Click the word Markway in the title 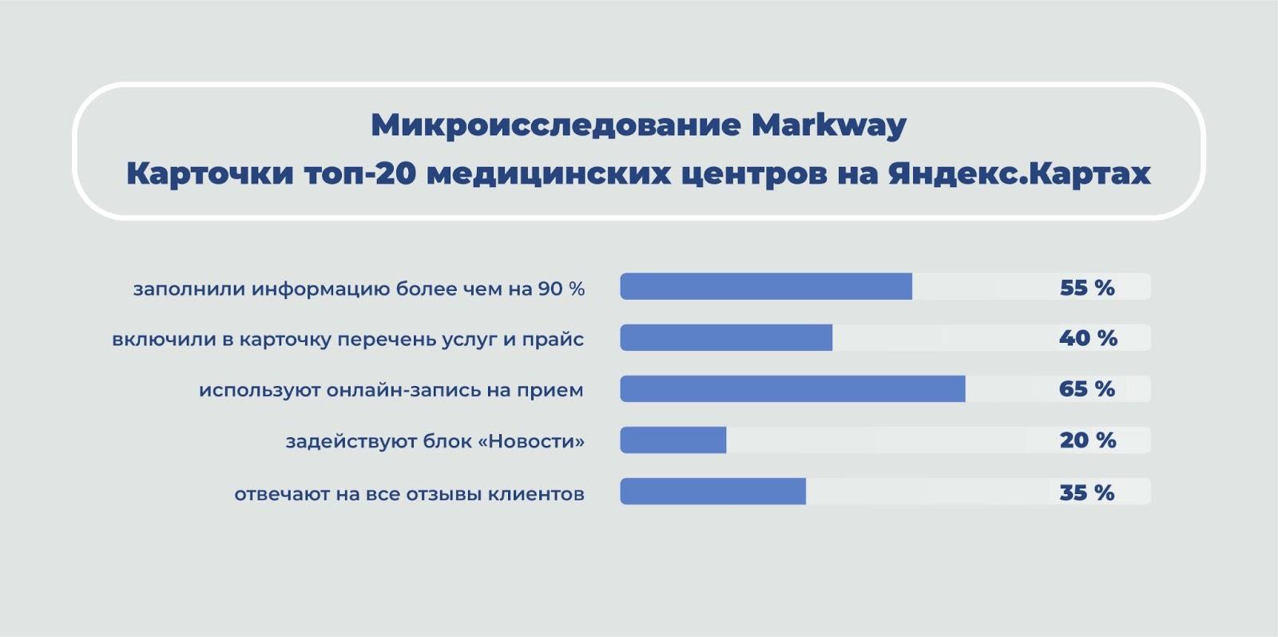point(829,125)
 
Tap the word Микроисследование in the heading point(556,125)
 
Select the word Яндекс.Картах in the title point(1019,173)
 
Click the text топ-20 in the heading point(360,173)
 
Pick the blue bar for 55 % point(766,286)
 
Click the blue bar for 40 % point(726,337)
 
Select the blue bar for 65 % point(793,388)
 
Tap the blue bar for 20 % point(673,440)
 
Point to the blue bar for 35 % point(713,492)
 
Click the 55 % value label point(1087,288)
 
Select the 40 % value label point(1088,338)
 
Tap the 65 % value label point(1087,389)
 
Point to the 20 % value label point(1088,440)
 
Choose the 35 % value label point(1087,492)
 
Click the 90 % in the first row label point(562,289)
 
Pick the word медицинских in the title point(548,174)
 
